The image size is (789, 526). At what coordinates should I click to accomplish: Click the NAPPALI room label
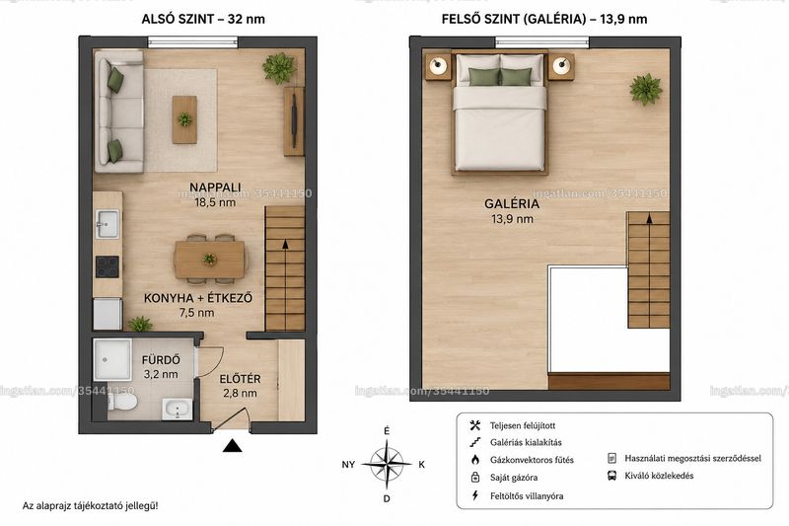[215, 188]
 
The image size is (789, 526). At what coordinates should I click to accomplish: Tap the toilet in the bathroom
[122, 402]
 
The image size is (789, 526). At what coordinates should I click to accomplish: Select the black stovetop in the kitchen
[108, 266]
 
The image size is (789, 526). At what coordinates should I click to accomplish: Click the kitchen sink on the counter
[108, 223]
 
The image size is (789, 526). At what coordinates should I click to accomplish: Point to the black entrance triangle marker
[233, 445]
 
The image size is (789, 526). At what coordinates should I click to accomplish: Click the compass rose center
[387, 464]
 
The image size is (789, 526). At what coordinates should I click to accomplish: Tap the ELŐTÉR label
[240, 379]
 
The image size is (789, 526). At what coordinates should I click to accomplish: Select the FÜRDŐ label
[161, 360]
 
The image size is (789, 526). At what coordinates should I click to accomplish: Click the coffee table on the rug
[184, 119]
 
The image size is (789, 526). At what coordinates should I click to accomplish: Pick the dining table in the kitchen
[210, 260]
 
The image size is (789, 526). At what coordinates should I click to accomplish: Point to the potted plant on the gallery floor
[646, 90]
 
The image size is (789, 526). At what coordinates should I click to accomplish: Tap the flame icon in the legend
[475, 460]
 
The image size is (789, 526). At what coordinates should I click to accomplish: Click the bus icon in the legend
[611, 476]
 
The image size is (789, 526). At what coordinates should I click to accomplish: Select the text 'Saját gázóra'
[514, 478]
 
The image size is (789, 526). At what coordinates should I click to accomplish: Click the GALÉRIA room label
[512, 204]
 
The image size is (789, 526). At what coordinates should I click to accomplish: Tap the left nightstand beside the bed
[438, 66]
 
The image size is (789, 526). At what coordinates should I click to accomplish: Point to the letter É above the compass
[387, 431]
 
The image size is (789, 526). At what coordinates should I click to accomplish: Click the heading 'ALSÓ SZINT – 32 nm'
[203, 19]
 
